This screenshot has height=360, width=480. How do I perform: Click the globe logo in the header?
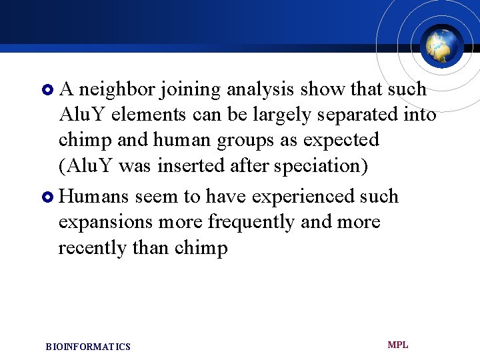coord(442,44)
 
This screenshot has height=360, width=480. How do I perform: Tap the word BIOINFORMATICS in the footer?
coord(88,347)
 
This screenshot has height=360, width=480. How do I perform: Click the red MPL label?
coord(398,345)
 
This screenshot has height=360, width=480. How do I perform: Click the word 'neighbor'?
coord(117,89)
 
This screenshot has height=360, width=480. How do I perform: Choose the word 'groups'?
coord(217,141)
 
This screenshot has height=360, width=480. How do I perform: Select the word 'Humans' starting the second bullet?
coord(94,197)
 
